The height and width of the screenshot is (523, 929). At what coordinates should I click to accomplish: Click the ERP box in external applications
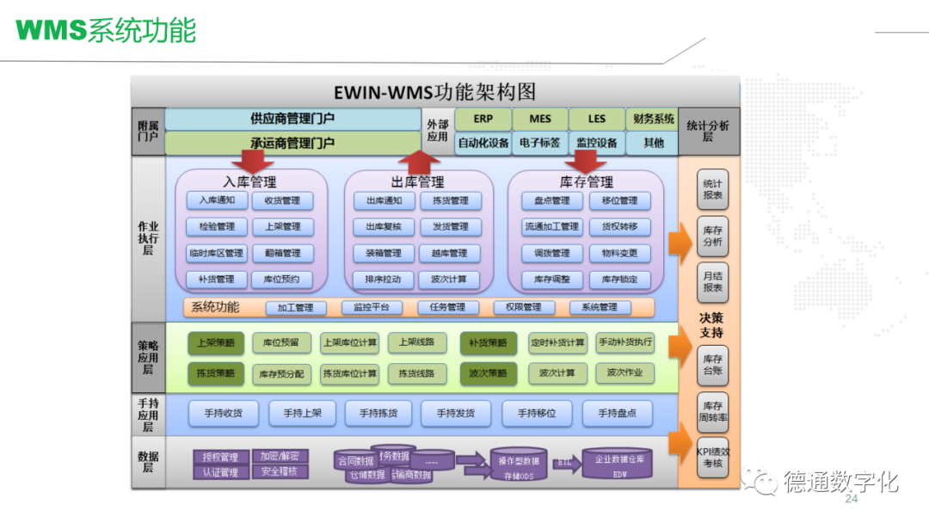coord(483,120)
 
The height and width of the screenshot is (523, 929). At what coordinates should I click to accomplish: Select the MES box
coord(540,120)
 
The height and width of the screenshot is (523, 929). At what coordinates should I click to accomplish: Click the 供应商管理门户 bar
coord(292,119)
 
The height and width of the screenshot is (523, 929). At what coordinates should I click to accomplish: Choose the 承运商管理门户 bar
coord(292,143)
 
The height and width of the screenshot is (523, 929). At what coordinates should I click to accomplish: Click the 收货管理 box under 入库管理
coord(282,200)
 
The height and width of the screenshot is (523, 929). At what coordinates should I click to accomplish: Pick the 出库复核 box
coord(384,227)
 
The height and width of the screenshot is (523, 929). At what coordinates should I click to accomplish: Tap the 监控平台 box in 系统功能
coord(371,307)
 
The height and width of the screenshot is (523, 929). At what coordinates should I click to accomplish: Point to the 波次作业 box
coord(624,372)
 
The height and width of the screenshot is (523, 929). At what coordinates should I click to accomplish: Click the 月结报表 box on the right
coord(712,282)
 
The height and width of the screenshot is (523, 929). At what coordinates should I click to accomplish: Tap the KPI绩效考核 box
coord(712,457)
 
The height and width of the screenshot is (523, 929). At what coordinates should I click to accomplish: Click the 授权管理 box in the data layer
coord(221,457)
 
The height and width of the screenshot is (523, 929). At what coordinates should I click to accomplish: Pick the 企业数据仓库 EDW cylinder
coord(617,465)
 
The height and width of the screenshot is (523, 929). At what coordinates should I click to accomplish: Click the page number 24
coord(852,500)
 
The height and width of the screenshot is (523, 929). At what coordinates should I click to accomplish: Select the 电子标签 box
coord(540,143)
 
